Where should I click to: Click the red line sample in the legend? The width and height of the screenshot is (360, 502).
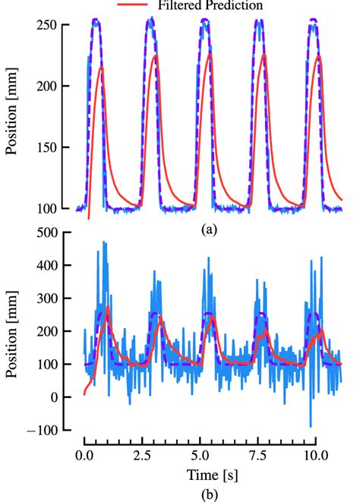pyautogui.click(x=134, y=5)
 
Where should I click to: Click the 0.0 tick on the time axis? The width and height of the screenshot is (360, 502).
pyautogui.click(x=84, y=456)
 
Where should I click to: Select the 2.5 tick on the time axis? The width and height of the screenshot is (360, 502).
pyautogui.click(x=141, y=456)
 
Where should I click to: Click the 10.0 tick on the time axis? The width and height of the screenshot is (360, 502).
pyautogui.click(x=314, y=456)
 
